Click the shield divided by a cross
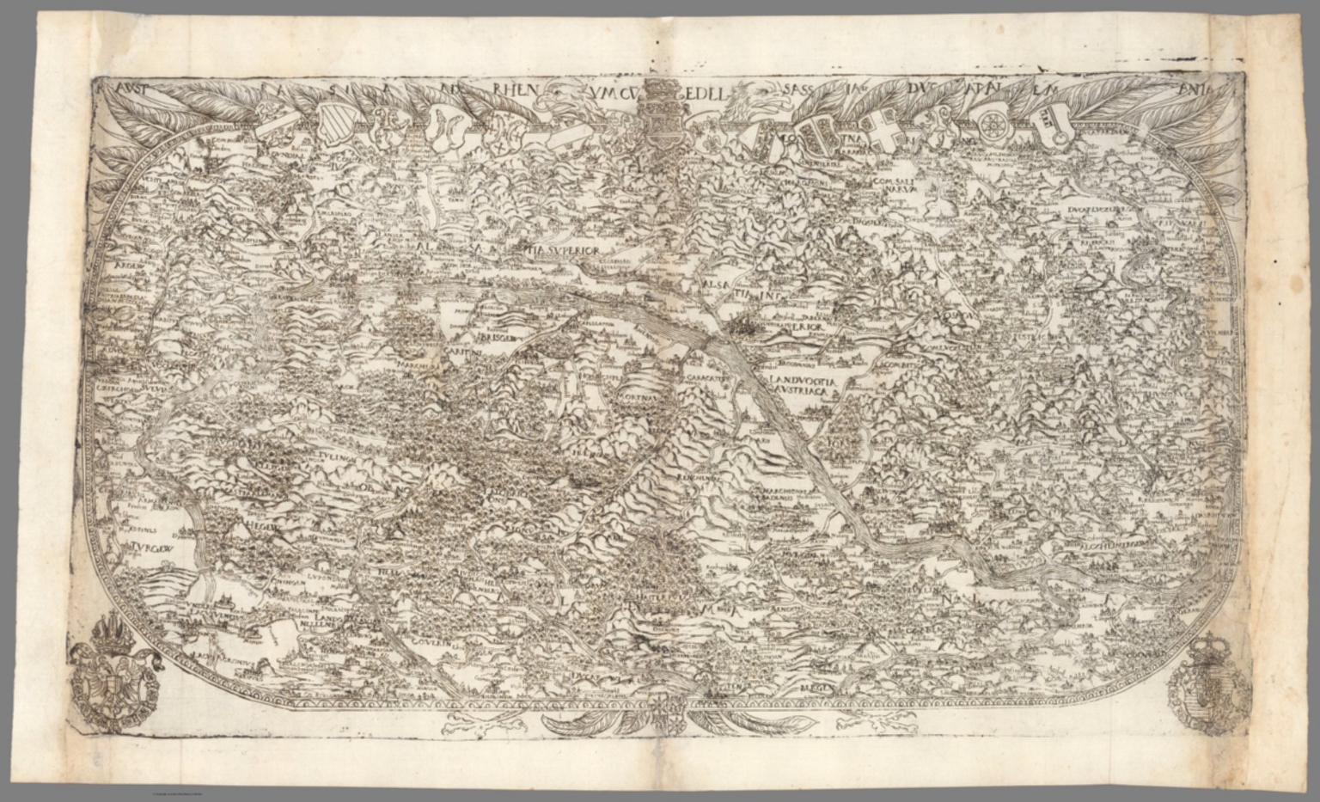tap(882, 127)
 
